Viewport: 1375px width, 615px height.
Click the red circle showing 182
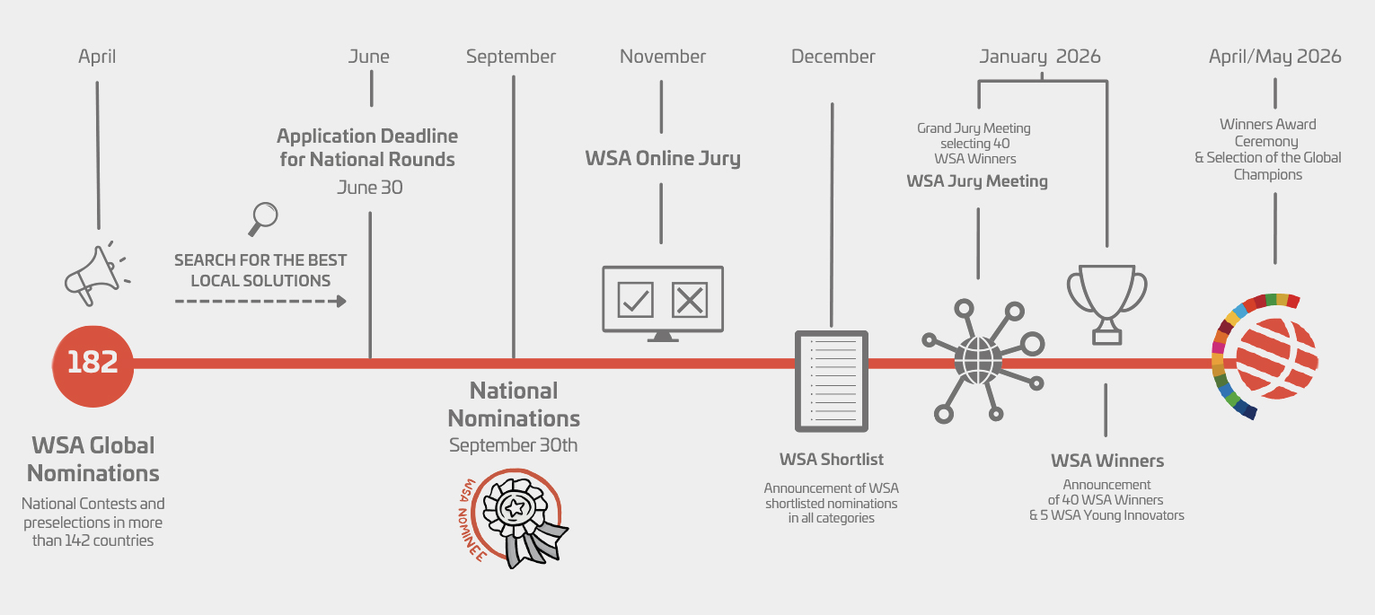pos(93,366)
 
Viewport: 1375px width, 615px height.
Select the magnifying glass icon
pos(263,219)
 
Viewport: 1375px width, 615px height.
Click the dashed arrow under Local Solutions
pos(260,302)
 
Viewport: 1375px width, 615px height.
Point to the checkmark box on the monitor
pos(635,300)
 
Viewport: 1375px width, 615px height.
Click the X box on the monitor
pos(690,300)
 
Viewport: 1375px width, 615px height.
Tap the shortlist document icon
pos(832,382)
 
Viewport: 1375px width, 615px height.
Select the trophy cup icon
pos(1106,304)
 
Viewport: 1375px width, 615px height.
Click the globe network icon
pos(978,360)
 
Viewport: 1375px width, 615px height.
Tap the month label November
pos(662,57)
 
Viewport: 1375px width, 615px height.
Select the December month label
pos(833,57)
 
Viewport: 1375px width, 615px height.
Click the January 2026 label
pos(1040,57)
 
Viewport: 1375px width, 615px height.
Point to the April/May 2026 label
pos(1275,57)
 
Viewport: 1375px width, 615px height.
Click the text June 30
pos(369,188)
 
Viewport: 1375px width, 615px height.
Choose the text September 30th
pos(513,445)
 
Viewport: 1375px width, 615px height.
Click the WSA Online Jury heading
pos(663,158)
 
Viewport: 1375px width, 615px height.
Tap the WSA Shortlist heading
pos(831,459)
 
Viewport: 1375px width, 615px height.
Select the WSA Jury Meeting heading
pos(977,181)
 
